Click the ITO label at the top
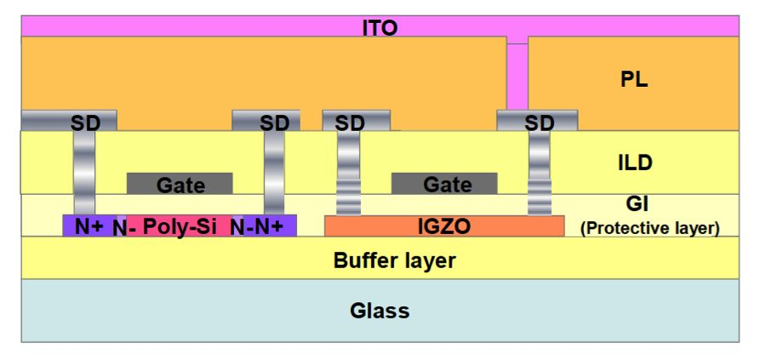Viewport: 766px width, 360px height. [380, 28]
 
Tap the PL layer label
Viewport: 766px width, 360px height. [634, 80]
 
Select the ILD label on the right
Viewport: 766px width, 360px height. [635, 163]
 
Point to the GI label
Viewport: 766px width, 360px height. [637, 203]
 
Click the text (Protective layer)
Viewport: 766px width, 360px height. [649, 228]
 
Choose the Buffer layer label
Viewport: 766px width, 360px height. [394, 260]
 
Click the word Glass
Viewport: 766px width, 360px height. [380, 311]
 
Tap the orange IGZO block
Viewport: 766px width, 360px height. [444, 226]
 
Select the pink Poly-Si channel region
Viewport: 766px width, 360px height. [180, 226]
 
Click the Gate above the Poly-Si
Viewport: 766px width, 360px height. [180, 183]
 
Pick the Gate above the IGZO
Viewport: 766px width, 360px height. [444, 183]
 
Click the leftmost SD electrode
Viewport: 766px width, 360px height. [69, 121]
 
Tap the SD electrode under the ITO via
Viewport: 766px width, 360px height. [537, 121]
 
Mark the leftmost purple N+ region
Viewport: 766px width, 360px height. [89, 226]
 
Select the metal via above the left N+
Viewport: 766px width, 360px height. [84, 173]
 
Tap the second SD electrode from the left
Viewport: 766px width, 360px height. [266, 121]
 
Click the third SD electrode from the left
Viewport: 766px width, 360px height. [356, 121]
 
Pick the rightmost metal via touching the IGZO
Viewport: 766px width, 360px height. [540, 173]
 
